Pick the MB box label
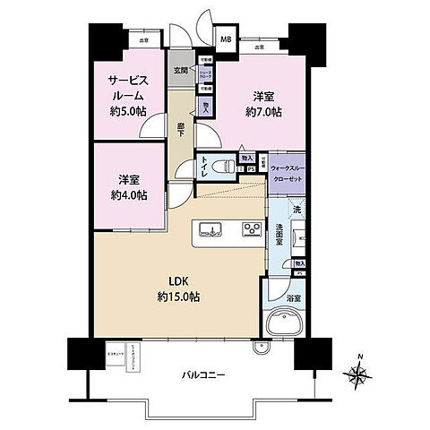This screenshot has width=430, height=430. click(226, 39)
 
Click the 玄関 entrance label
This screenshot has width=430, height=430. click(179, 70)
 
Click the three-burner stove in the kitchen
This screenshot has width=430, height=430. click(253, 231)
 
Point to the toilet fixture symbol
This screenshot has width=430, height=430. click(228, 166)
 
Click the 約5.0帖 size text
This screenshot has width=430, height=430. click(124, 112)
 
